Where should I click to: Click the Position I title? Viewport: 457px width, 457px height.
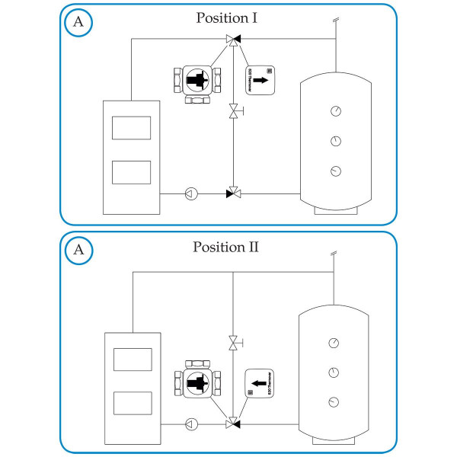pyautogui.click(x=228, y=18)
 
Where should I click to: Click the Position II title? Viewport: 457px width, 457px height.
pyautogui.click(x=228, y=247)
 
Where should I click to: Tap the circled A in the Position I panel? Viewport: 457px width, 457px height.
pyautogui.click(x=78, y=22)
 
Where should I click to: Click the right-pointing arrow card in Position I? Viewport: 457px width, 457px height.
pyautogui.click(x=260, y=79)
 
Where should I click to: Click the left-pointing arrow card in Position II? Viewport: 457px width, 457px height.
pyautogui.click(x=257, y=383)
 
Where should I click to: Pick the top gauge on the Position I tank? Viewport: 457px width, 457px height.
pyautogui.click(x=335, y=111)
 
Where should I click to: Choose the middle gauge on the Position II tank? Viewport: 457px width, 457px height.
pyautogui.click(x=334, y=372)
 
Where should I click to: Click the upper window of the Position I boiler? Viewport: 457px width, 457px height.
pyautogui.click(x=131, y=127)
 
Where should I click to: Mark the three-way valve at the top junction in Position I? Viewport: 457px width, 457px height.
pyautogui.click(x=232, y=40)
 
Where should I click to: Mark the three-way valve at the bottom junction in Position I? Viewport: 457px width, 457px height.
pyautogui.click(x=232, y=193)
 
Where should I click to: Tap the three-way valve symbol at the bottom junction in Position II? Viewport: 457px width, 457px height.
pyautogui.click(x=232, y=423)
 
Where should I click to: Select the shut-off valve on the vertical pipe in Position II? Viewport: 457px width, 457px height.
pyautogui.click(x=232, y=344)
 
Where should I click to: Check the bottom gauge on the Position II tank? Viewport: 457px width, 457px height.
pyautogui.click(x=334, y=401)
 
